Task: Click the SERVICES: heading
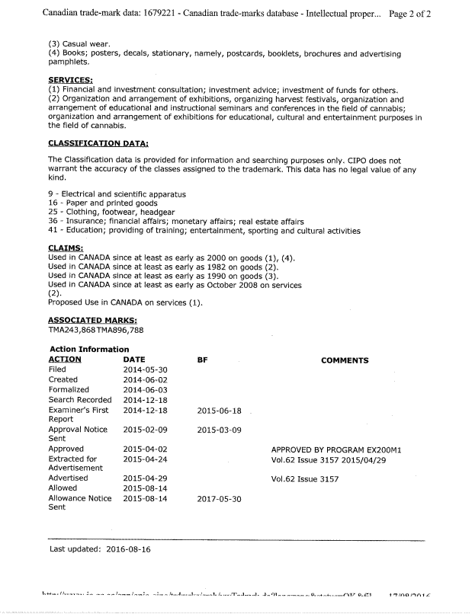point(70,80)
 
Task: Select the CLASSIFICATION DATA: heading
point(98,143)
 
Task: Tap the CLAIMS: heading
point(66,248)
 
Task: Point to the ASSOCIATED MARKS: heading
point(92,320)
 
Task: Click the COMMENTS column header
point(345,360)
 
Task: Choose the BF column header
point(202,360)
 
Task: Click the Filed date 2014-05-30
point(145,369)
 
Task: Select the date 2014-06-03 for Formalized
point(145,389)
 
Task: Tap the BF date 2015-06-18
point(219,410)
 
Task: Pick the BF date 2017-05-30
point(219,498)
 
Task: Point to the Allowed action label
point(63,488)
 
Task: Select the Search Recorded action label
point(80,400)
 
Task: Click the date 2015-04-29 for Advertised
point(145,478)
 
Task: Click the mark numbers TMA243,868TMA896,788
point(95,330)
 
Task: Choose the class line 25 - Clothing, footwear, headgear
point(111,212)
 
